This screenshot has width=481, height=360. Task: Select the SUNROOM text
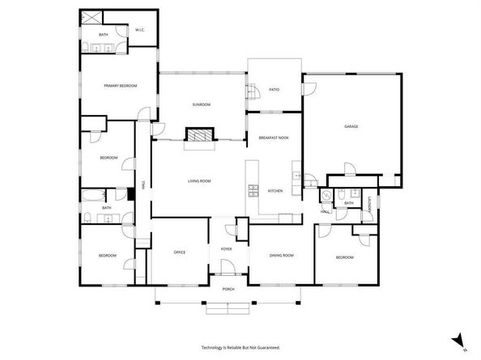[202, 104]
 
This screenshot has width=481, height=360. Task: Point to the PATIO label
[275, 91]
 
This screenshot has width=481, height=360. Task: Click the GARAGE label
[351, 126]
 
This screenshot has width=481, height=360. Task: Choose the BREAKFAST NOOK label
[275, 138]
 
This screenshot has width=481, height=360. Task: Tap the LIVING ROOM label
[199, 180]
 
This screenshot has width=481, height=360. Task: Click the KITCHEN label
[275, 191]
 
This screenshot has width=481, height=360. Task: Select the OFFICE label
[180, 252]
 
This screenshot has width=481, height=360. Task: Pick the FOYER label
[227, 248]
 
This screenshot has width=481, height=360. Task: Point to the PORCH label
[228, 289]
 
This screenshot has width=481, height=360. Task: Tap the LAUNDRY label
[371, 206]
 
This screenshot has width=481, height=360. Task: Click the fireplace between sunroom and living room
[199, 135]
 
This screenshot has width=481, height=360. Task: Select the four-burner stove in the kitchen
[251, 191]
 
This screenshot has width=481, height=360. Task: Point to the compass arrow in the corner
[459, 340]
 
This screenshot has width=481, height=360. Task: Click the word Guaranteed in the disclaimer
[266, 347]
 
